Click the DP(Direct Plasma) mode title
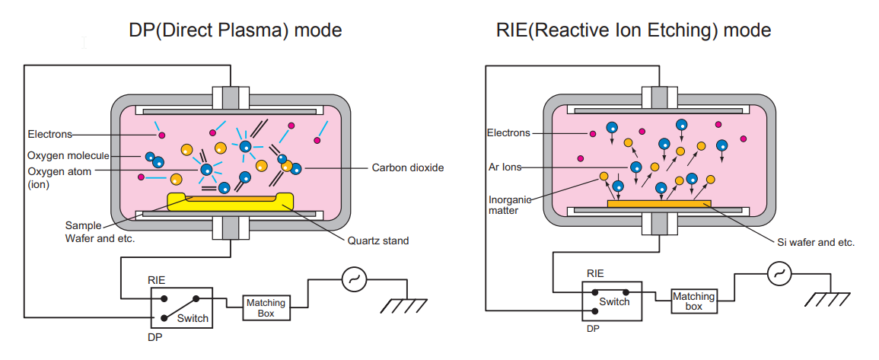tap(234, 30)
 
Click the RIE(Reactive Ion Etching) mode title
tap(633, 30)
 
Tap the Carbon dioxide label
tap(407, 167)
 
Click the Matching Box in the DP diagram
tap(266, 308)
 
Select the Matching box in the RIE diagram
tap(693, 301)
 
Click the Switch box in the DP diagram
tap(181, 307)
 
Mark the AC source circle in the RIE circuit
tap(779, 273)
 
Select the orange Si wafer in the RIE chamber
tap(659, 203)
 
